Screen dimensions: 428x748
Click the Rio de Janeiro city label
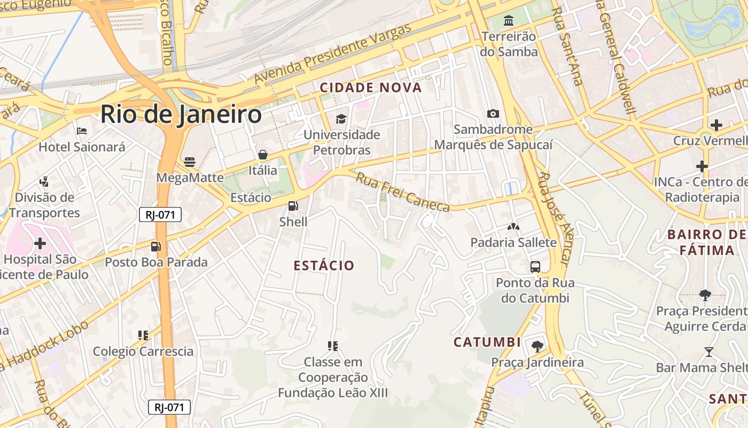(181, 114)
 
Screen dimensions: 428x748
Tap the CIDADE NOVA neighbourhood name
(371, 88)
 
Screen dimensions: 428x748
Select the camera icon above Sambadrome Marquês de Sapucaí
(493, 113)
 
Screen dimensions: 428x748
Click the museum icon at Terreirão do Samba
(509, 21)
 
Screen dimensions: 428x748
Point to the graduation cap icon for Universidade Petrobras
(341, 119)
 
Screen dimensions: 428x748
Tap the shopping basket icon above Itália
(262, 155)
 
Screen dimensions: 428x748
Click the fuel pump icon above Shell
(293, 206)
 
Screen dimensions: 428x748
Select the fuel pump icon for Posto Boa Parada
(155, 247)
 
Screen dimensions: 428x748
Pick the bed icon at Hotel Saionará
(81, 131)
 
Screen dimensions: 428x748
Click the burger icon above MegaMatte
(190, 162)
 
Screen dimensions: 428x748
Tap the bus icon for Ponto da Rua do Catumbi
(535, 266)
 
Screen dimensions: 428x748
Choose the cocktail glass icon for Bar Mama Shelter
(708, 352)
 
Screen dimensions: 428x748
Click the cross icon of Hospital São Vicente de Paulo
(40, 244)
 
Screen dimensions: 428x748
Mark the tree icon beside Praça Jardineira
(537, 346)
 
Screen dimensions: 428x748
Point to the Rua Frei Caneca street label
(403, 192)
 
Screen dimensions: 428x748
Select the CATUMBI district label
(487, 342)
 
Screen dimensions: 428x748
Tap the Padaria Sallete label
(513, 242)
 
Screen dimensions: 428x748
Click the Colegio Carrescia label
(143, 351)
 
